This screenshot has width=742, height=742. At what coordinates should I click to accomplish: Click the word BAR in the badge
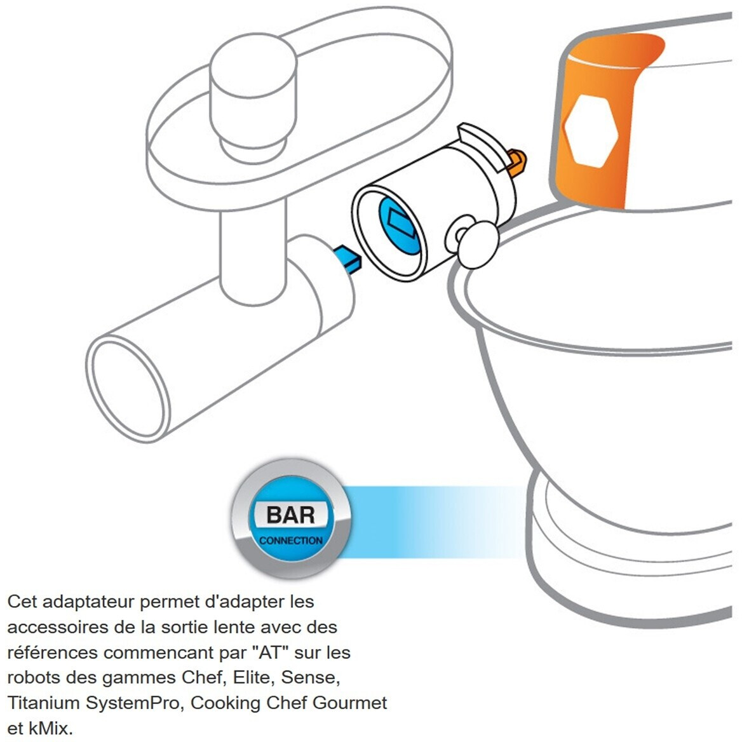coord(290,515)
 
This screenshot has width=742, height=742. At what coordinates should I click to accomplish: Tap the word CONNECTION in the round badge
coord(290,541)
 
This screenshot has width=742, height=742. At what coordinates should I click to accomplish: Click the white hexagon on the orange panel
coord(591,131)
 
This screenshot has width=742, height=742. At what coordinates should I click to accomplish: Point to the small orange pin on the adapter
coord(516,162)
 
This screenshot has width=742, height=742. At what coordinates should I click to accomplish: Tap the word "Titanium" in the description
coord(44,703)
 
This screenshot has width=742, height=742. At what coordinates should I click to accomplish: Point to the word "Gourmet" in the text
coord(349,703)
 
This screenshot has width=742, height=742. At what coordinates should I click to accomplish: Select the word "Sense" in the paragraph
coord(309,678)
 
